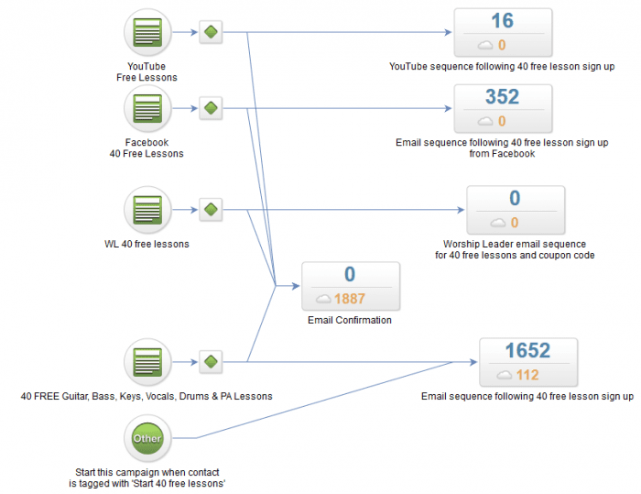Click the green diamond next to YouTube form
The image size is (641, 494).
tap(211, 33)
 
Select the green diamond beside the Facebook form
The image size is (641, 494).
tap(211, 108)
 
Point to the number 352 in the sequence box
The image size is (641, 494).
tap(502, 97)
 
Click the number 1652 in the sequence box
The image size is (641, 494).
tap(527, 351)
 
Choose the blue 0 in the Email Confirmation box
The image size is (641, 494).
tap(350, 275)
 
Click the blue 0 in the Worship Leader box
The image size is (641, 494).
tap(515, 199)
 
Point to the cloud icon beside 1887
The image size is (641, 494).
tap(323, 299)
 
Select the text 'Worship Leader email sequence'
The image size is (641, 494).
tap(515, 245)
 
